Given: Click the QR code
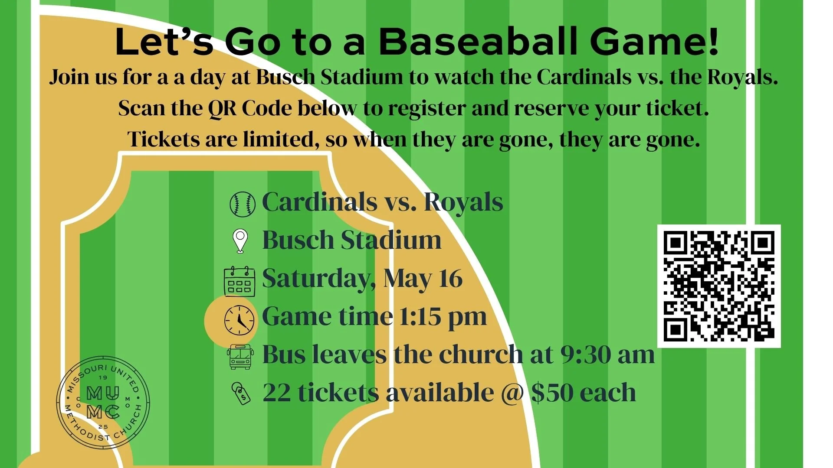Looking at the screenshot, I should [718, 286].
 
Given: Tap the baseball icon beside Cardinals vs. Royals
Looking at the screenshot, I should [242, 204].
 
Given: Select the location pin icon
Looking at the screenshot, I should [240, 241].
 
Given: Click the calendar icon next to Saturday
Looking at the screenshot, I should [239, 281].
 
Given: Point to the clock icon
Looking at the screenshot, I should [239, 320].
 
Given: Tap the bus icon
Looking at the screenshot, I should [240, 357].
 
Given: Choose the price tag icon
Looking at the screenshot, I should [241, 393].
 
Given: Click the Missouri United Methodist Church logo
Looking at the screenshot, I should [103, 403].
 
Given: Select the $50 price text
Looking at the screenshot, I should [552, 393].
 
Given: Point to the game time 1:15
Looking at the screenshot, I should [420, 317].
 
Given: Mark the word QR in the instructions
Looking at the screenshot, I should [222, 108].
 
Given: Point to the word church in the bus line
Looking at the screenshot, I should [481, 354].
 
